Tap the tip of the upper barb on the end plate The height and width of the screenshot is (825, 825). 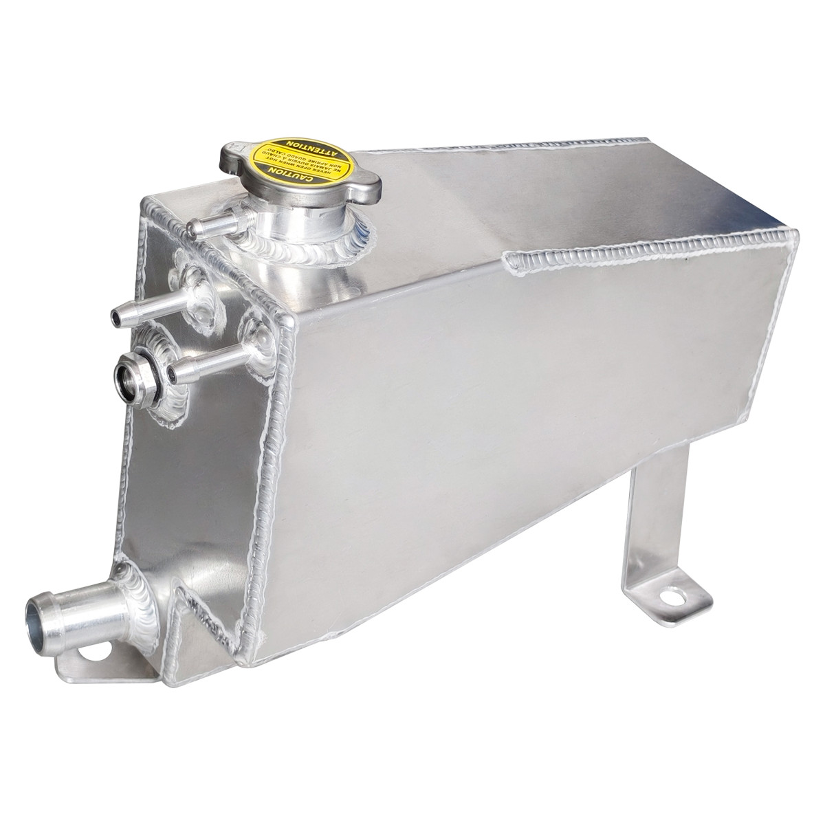118,316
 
